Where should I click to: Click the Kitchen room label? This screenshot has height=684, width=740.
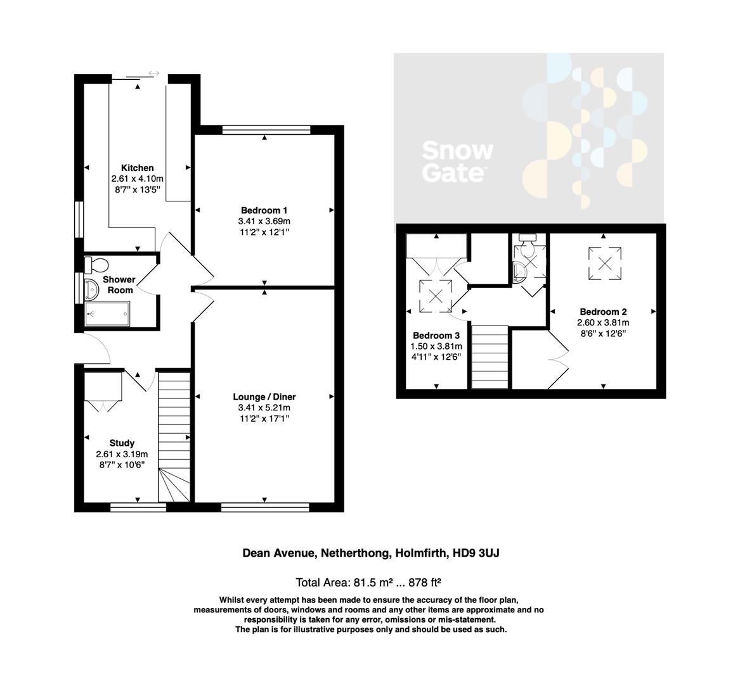138,168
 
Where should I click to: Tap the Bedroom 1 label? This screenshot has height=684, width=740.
264,210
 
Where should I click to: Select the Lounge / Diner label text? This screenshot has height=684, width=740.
264,397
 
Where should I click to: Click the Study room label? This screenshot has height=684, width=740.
122,443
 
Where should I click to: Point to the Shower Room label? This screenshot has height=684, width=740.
119,284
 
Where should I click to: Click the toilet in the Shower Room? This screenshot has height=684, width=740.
96,263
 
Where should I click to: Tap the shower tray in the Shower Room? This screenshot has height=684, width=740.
107,313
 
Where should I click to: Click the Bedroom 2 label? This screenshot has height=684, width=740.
603,312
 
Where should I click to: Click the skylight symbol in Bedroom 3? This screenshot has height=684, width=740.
436,294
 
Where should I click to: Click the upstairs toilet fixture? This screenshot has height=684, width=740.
528,239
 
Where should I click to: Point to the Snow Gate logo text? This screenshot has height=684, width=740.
457,161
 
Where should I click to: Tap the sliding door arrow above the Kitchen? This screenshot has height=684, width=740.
153,74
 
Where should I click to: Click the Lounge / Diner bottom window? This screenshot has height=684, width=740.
264,507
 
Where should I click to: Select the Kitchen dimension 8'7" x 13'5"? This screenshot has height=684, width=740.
138,189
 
